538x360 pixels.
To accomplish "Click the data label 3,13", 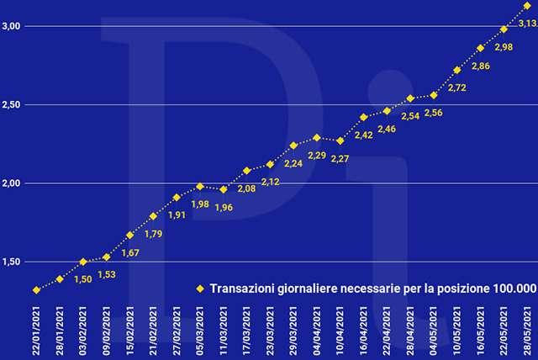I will [x=527, y=24].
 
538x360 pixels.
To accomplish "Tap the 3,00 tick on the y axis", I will [x=12, y=26].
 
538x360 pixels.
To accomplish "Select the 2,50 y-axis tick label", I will [x=12, y=105].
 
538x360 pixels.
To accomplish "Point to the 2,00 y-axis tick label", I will [x=12, y=183].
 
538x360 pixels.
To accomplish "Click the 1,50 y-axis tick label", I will [x=12, y=262].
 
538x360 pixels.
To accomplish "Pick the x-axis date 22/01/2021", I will [x=36, y=331].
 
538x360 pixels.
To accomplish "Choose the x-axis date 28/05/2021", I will [x=527, y=331].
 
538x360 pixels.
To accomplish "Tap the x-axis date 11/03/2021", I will [x=223, y=331].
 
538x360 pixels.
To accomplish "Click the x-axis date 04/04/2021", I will [x=316, y=331].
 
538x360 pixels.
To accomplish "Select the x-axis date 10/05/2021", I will [x=457, y=331].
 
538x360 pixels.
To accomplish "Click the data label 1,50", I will [x=83, y=278].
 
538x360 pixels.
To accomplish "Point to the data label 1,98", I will [x=200, y=204].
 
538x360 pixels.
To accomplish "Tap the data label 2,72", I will [x=457, y=87].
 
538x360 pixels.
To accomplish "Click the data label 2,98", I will [x=503, y=46].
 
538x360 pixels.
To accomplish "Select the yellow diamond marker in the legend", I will [x=199, y=289].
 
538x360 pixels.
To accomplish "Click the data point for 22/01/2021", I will [x=36, y=290].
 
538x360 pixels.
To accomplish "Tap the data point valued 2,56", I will [x=434, y=95].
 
